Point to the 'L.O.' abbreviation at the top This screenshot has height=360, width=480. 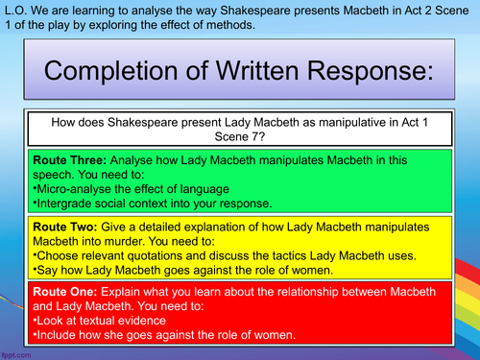(15, 9)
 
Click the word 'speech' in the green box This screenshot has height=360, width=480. (66, 175)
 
